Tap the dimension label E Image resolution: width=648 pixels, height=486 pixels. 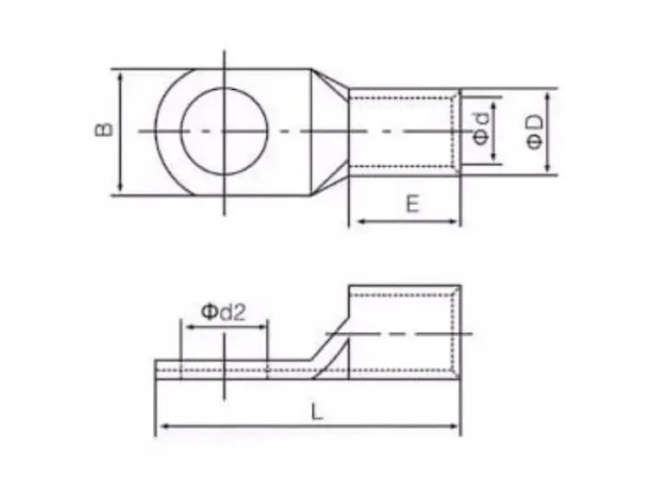tap(412, 204)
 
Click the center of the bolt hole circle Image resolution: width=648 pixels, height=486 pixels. tap(224, 131)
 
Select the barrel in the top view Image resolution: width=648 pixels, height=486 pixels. tap(402, 131)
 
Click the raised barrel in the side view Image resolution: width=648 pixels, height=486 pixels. tap(404, 333)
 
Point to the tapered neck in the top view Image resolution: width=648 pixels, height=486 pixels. tap(330, 131)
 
